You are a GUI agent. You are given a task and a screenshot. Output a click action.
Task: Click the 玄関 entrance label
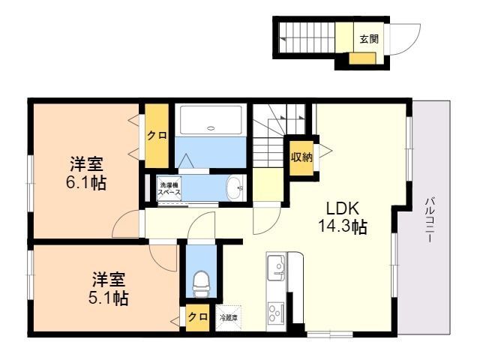point(369,39)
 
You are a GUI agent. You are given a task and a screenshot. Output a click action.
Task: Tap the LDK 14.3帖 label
point(343,217)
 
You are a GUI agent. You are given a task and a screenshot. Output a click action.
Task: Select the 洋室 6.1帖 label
point(86,173)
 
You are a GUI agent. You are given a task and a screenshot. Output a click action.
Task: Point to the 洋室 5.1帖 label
point(108,288)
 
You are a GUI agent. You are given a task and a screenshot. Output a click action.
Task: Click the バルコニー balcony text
point(430,220)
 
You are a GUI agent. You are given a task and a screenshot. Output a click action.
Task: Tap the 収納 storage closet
point(301,158)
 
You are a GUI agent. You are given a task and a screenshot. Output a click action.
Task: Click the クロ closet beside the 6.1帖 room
point(157,136)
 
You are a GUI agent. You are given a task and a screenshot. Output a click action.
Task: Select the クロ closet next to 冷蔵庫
point(197,318)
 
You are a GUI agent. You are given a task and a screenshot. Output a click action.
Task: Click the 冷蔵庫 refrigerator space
point(228,318)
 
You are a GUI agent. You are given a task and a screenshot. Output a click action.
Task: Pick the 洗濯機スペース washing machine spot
point(169,188)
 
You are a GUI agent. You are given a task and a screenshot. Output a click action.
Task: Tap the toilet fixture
point(201,283)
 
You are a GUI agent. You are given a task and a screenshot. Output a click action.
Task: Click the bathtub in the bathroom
point(211,120)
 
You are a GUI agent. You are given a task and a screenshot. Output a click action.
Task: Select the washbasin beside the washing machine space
point(235,188)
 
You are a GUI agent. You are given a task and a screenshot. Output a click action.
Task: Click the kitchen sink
point(276,268)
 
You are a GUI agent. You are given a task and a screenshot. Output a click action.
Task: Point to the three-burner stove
point(276,313)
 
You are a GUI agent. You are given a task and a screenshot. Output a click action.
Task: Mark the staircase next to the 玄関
point(306,40)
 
